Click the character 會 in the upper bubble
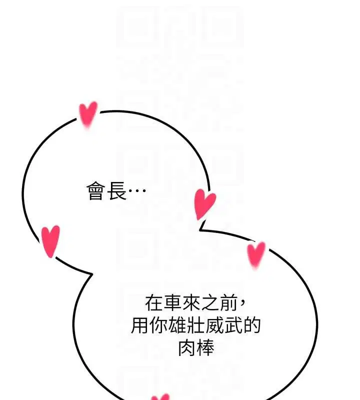tap(96, 191)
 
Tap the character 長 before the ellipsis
tap(116, 191)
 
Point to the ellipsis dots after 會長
tap(137, 190)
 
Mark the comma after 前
tap(242, 301)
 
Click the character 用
tap(140, 325)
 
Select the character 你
tap(158, 325)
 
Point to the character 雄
tap(177, 325)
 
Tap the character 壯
tap(196, 325)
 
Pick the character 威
tap(214, 325)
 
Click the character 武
tap(233, 325)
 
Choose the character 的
tap(252, 325)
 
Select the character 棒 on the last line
tap(205, 347)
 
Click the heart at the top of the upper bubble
tap(88, 115)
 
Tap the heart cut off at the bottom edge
tap(160, 397)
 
